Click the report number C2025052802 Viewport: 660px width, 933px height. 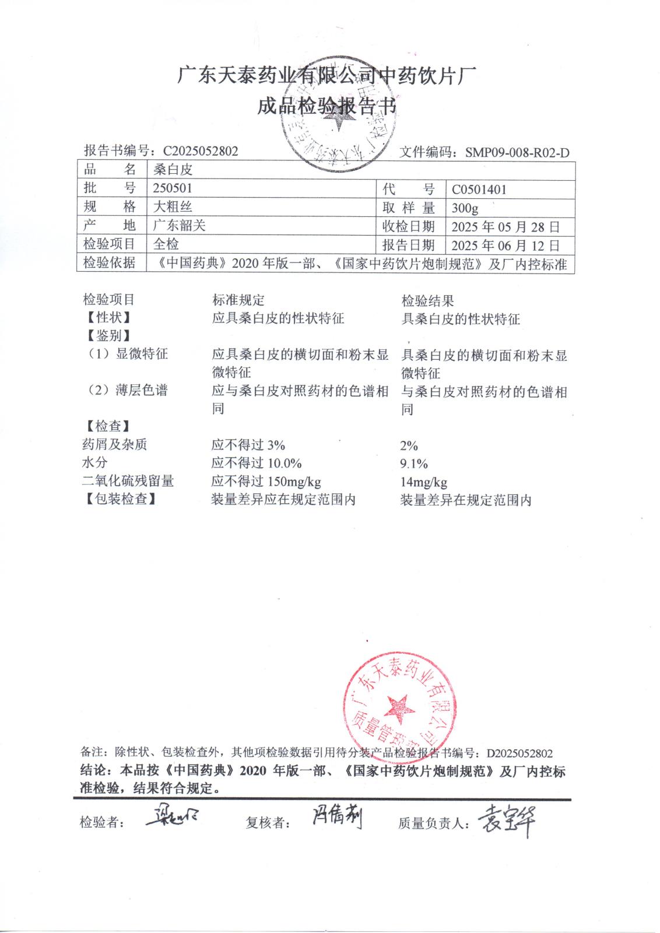201,151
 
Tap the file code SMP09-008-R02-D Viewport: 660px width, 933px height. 517,153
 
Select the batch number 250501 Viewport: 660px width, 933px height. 172,188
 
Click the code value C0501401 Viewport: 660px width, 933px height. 479,190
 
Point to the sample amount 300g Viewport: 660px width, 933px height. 465,208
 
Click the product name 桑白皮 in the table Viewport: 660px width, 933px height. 173,170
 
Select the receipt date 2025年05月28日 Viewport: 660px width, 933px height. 505,227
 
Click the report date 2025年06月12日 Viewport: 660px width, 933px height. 505,245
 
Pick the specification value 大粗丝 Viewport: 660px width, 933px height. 173,207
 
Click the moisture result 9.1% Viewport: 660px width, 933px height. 414,464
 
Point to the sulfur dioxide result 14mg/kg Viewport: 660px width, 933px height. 424,482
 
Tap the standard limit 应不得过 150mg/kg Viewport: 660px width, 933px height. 266,482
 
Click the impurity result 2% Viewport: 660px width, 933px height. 409,446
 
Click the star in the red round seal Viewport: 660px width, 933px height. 399,707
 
